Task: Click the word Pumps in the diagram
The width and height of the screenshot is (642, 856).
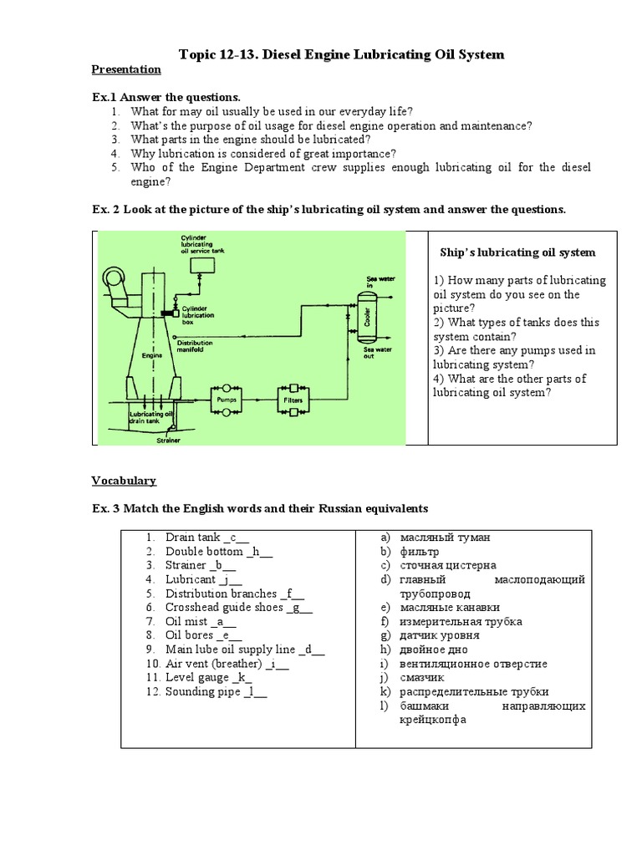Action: click(x=227, y=400)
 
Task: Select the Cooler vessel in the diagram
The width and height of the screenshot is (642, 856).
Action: click(x=364, y=320)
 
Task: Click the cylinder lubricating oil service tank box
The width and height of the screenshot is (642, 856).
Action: click(x=201, y=265)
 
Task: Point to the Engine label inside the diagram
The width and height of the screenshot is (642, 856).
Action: click(x=150, y=354)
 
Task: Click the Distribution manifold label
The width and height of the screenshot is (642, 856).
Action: click(x=195, y=346)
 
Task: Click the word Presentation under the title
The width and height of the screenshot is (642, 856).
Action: click(x=125, y=69)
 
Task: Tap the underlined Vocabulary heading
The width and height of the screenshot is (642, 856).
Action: click(x=123, y=481)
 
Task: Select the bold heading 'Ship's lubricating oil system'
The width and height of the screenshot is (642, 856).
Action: click(x=517, y=252)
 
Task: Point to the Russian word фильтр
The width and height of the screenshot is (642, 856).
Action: click(x=420, y=552)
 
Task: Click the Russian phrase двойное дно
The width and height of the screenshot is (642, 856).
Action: click(x=434, y=650)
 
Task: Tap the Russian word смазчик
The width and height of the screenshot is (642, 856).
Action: click(x=422, y=678)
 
